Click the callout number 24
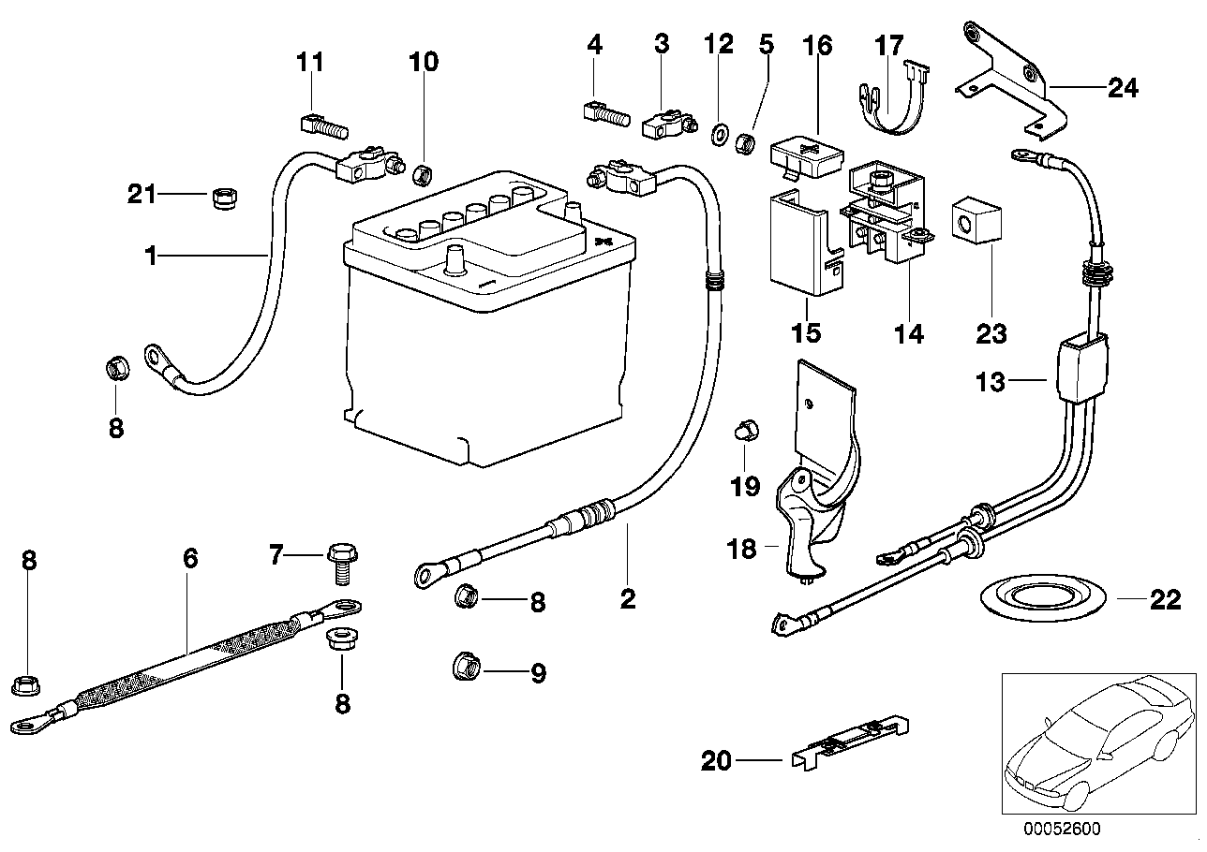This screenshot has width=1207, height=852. pyautogui.click(x=1124, y=88)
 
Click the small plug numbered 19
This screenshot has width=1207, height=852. pyautogui.click(x=748, y=432)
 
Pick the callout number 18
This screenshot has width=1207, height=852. pyautogui.click(x=742, y=549)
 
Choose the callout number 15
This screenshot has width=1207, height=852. pyautogui.click(x=806, y=332)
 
